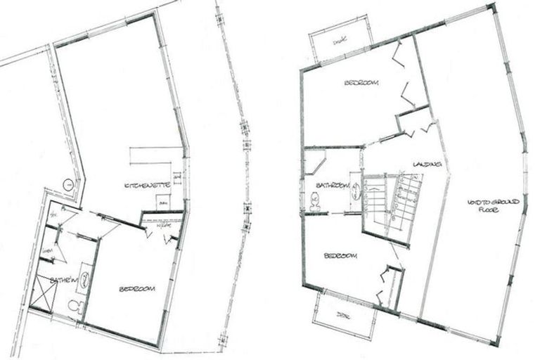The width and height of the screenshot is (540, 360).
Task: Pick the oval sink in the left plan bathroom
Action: point(83,279)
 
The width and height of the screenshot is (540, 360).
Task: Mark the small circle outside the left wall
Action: point(68,185)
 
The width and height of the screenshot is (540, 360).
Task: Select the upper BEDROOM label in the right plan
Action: point(361,83)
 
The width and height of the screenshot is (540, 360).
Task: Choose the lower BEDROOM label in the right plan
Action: point(340,256)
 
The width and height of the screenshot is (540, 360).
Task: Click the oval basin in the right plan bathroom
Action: point(356,189)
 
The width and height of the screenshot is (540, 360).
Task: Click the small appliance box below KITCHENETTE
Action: point(163,202)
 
